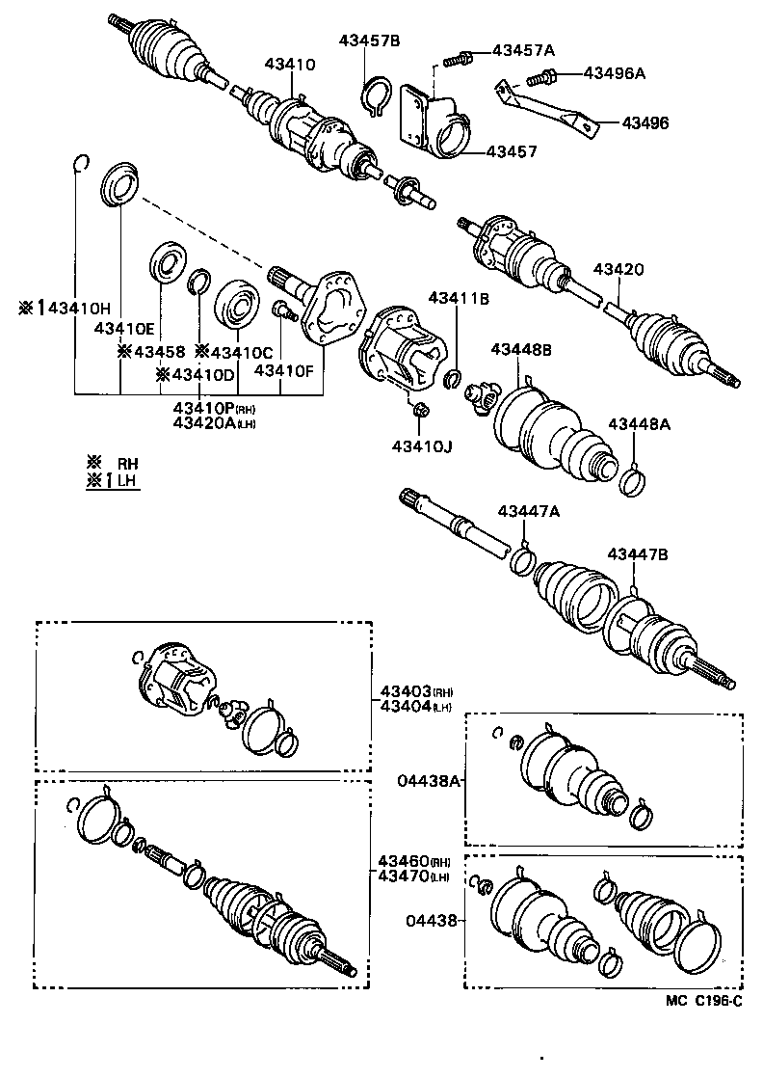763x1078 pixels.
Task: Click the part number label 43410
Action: (290, 65)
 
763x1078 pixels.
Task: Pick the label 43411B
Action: (460, 300)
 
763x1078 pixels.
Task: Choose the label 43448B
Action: (521, 349)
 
